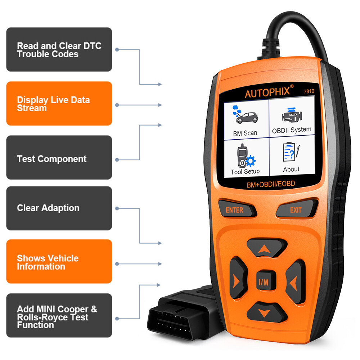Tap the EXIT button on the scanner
pyautogui.click(x=296, y=210)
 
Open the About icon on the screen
pyautogui.click(x=291, y=153)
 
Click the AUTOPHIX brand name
pyautogui.click(x=267, y=93)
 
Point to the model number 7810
pyautogui.click(x=308, y=91)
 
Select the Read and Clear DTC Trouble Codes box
pyautogui.click(x=59, y=50)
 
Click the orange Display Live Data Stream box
pyautogui.click(x=59, y=104)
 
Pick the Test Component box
pyautogui.click(x=59, y=158)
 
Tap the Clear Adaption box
pyautogui.click(x=59, y=208)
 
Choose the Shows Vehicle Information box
pyautogui.click(x=59, y=262)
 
